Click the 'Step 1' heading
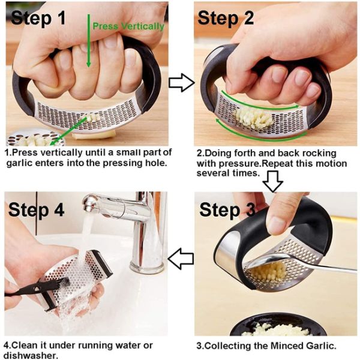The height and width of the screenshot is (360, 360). click(x=38, y=18)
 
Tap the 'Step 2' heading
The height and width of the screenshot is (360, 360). click(x=226, y=18)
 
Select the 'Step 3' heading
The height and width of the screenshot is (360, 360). click(x=227, y=209)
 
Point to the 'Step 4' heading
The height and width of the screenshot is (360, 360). click(x=36, y=209)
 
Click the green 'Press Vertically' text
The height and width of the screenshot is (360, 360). click(x=128, y=26)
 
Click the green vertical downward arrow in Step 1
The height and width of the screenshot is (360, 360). click(x=89, y=41)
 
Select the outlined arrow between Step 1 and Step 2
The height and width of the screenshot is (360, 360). click(x=181, y=83)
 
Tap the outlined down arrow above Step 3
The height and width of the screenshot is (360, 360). click(x=273, y=181)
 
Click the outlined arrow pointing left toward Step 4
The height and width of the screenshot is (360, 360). click(x=181, y=259)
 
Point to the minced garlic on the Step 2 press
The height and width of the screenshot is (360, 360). click(x=253, y=119)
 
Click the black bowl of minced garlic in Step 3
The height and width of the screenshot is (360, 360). click(x=278, y=325)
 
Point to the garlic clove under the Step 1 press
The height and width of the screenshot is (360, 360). click(x=93, y=135)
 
